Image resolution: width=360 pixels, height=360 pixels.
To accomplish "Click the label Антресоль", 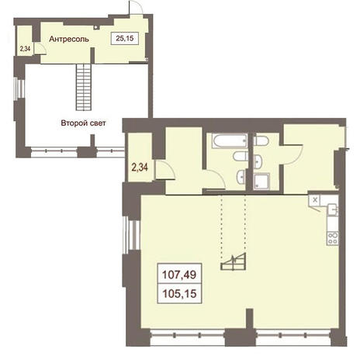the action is click(x=69, y=39).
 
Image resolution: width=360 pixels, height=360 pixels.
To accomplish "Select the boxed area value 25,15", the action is click(x=125, y=38).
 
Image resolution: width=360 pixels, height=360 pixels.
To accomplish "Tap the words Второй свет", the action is click(x=83, y=123).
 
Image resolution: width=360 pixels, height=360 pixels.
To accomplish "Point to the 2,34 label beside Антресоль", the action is click(x=26, y=49).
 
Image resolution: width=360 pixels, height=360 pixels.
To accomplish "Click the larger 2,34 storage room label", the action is click(x=140, y=168).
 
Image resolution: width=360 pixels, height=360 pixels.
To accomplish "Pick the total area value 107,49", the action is click(x=179, y=275).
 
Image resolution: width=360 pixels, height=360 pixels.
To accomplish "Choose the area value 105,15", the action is click(x=179, y=293).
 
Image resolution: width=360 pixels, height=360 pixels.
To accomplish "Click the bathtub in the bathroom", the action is click(x=230, y=140).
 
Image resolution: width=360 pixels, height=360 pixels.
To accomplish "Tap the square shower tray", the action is click(x=261, y=182).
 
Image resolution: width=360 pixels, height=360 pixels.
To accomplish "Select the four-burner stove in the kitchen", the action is click(x=333, y=238).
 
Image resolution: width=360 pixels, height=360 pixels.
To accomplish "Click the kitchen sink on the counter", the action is click(x=333, y=209).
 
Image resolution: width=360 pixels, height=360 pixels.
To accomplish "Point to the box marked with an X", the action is click(x=315, y=199).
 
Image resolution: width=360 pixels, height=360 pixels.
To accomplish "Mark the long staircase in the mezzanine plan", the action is click(x=84, y=87).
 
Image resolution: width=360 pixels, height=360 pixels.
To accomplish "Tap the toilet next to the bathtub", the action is click(x=241, y=156).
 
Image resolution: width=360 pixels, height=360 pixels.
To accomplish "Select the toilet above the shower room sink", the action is click(x=261, y=141).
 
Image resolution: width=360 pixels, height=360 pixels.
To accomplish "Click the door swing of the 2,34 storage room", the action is click(x=166, y=170).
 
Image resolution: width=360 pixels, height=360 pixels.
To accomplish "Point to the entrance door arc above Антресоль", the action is click(x=137, y=6).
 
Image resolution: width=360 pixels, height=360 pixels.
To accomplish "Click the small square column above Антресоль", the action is click(x=96, y=26).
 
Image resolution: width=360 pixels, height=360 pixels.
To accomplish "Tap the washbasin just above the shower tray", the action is click(x=258, y=161).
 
